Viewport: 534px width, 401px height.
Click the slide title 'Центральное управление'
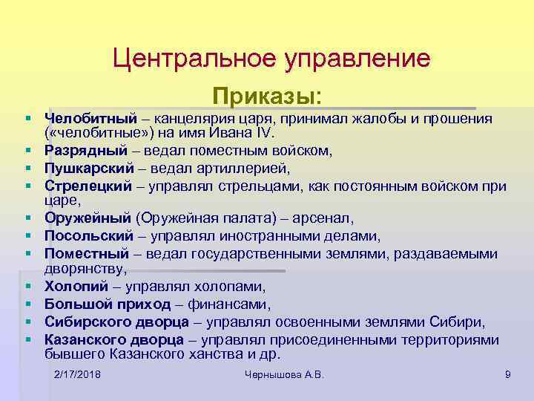tap(271, 58)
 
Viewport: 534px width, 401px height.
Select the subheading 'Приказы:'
tap(267, 97)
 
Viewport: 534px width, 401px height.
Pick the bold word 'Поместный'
tap(87, 253)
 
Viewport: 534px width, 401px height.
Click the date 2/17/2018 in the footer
tap(78, 375)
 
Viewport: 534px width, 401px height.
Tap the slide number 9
tap(507, 375)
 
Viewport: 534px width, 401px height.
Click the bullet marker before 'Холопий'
tap(26, 286)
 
